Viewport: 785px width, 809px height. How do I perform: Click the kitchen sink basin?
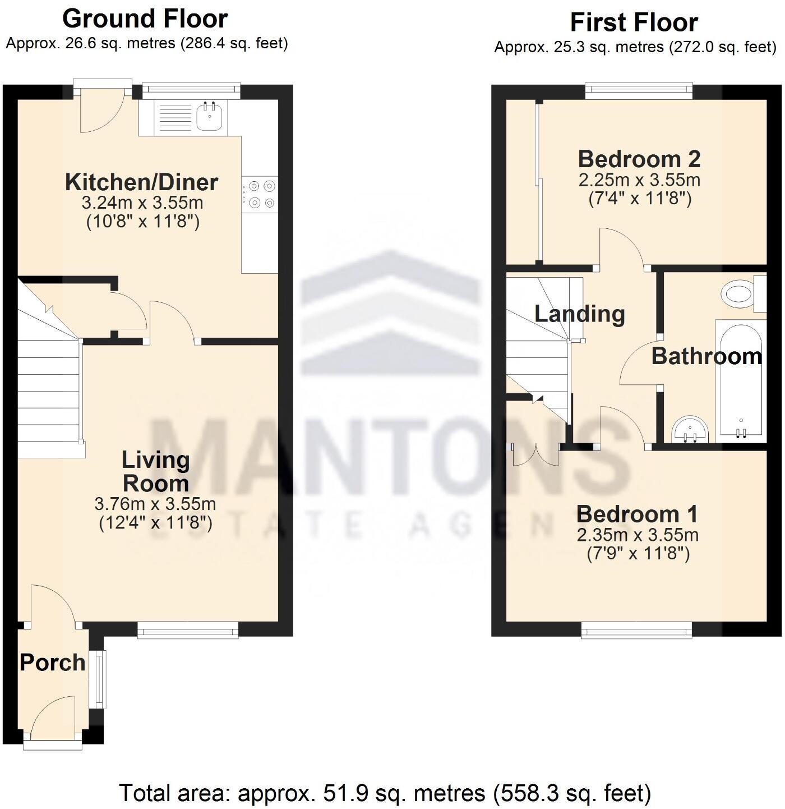(x=211, y=117)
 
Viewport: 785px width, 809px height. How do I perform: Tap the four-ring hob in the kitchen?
(x=260, y=194)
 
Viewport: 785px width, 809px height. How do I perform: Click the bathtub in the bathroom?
(x=741, y=379)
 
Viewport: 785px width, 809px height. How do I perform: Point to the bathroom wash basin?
(x=690, y=429)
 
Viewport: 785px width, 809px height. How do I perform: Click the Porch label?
(x=52, y=663)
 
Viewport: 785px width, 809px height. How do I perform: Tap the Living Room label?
(x=156, y=472)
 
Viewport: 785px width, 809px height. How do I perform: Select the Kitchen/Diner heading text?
(x=141, y=182)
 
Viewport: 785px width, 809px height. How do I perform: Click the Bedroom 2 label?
(x=639, y=159)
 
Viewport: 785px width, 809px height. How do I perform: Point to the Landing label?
(x=579, y=314)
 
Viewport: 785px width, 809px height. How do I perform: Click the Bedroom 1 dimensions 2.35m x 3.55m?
(x=638, y=535)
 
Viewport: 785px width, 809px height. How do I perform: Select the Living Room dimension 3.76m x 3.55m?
(x=155, y=504)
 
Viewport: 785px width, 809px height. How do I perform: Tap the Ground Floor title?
(x=145, y=19)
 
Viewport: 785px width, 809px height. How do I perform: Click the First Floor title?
(x=634, y=22)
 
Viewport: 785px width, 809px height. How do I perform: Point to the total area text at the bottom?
(x=385, y=793)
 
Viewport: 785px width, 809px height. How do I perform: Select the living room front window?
(x=188, y=630)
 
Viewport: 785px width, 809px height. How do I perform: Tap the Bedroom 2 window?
(x=639, y=91)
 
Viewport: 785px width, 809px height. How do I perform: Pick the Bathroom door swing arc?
(x=639, y=365)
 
